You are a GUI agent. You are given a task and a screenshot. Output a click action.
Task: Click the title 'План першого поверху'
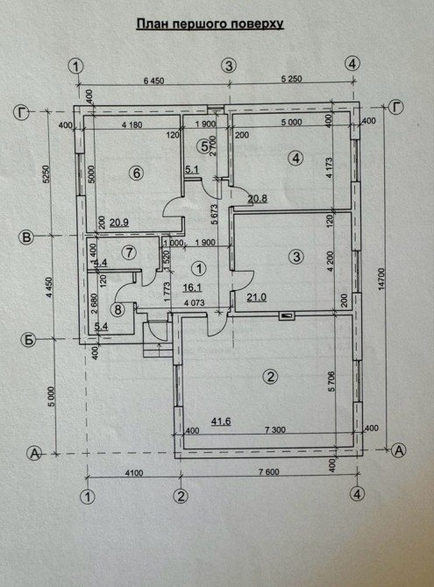click(210, 25)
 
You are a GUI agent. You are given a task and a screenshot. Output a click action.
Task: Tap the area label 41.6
click(221, 421)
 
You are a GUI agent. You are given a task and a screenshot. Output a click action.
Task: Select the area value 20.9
click(119, 223)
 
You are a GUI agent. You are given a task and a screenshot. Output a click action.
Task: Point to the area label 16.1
click(193, 287)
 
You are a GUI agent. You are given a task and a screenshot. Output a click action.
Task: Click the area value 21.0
click(256, 297)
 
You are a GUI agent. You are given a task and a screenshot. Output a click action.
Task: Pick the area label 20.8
click(258, 198)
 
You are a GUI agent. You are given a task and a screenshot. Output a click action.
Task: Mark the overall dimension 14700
click(381, 279)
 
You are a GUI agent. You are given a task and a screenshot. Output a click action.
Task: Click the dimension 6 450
click(154, 81)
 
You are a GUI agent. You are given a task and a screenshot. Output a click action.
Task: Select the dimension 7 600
click(269, 471)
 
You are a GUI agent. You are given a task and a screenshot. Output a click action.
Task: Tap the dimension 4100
click(134, 473)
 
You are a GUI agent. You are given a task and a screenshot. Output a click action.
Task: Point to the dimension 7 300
click(275, 430)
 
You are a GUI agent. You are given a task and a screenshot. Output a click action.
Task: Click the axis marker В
click(27, 237)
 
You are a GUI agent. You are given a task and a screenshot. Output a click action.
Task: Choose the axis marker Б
click(28, 340)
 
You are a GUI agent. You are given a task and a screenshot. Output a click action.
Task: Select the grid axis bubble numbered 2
click(181, 496)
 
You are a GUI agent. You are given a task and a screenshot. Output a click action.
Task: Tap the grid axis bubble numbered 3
click(229, 66)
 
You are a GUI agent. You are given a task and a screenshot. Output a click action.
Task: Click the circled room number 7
click(130, 252)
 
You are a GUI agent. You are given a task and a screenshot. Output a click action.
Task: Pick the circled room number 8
click(118, 310)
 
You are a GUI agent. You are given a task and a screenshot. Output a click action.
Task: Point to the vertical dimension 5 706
click(331, 381)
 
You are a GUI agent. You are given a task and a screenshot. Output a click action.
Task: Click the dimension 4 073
click(194, 302)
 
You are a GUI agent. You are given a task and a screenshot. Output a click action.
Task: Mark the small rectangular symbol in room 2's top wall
click(287, 316)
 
